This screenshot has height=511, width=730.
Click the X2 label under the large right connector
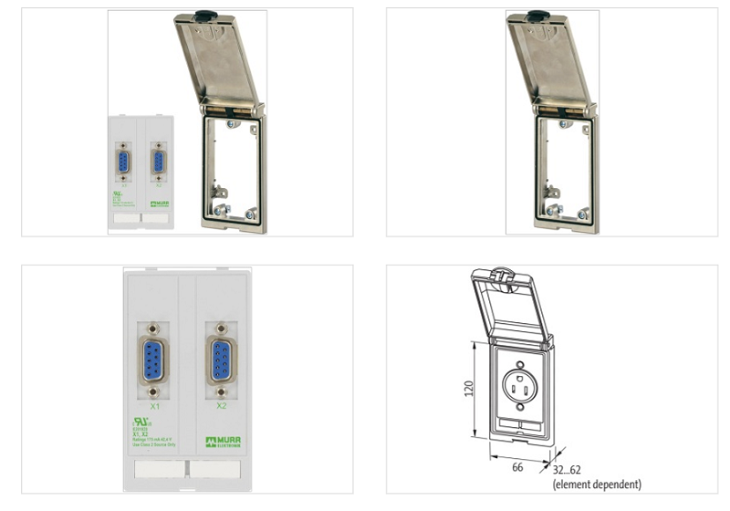pos(222,403)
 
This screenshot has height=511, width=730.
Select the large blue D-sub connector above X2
pos(221,358)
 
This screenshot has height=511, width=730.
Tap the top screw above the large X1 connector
pos(153,324)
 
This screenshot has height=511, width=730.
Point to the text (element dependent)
pos(597,484)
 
